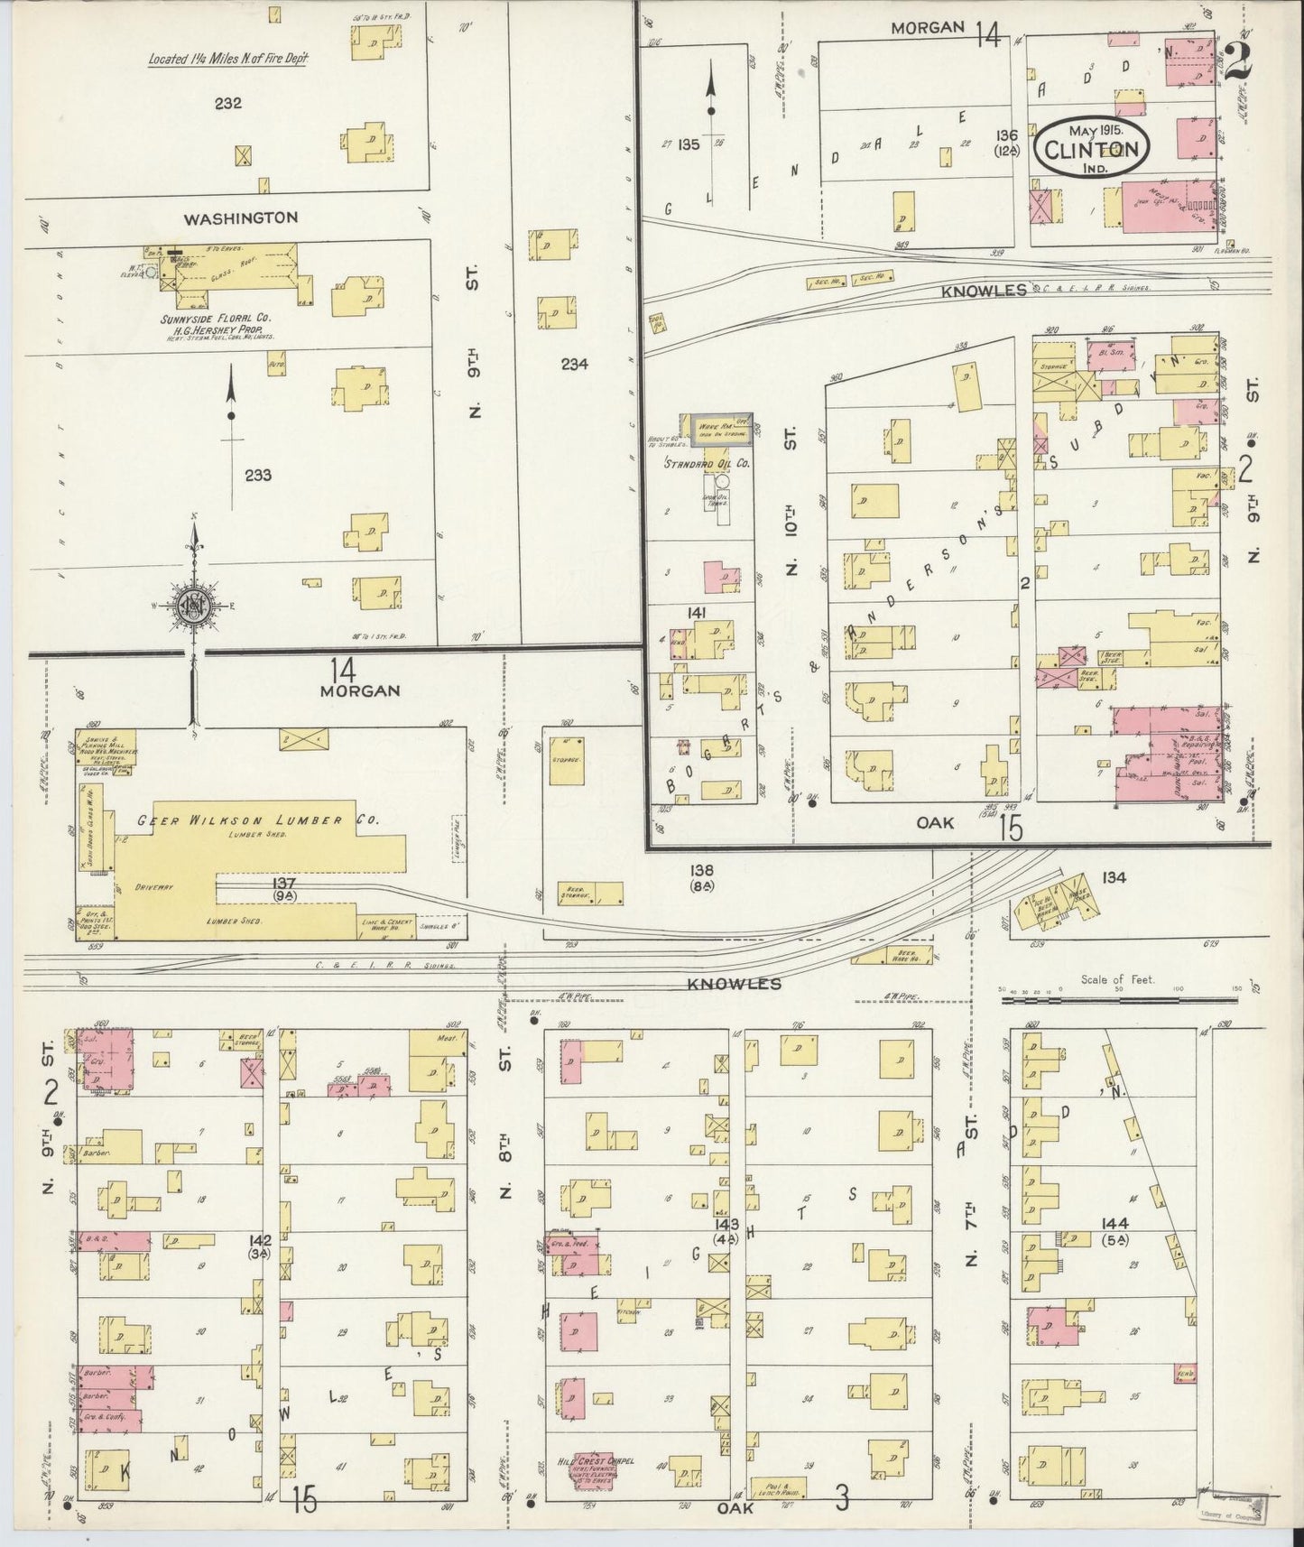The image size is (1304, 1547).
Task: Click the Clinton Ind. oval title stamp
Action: click(1091, 148)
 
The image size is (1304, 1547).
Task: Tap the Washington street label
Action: click(240, 218)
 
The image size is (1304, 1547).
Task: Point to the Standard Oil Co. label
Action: click(707, 464)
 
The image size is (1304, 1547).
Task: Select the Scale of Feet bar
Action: click(1118, 989)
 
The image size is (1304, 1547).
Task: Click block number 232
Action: click(227, 104)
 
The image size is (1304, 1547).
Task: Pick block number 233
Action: click(257, 475)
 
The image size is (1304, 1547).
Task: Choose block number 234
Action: click(574, 364)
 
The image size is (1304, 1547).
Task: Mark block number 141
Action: click(696, 613)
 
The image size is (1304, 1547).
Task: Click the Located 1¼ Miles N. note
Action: click(228, 60)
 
